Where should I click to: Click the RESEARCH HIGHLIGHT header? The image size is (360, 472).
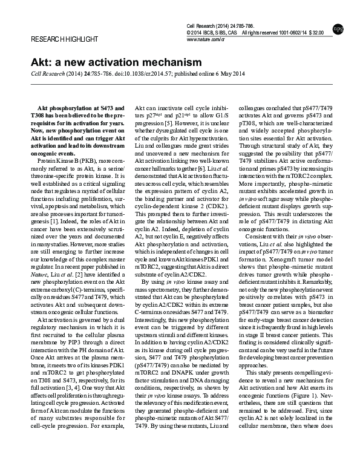tap(56, 39)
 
